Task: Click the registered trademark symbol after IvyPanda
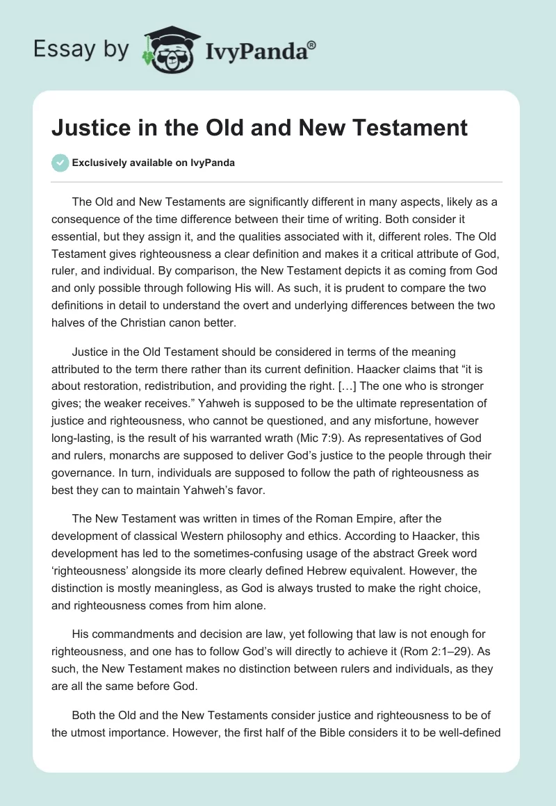pos(312,45)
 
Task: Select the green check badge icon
pos(60,163)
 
